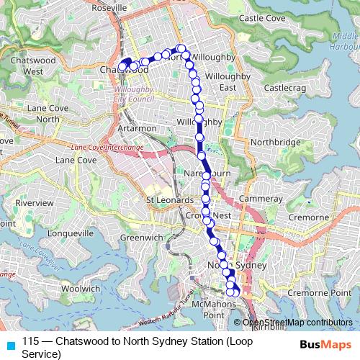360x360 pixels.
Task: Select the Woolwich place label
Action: (80, 288)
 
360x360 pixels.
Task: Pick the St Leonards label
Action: (167, 199)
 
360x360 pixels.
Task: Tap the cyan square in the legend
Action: (9, 344)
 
